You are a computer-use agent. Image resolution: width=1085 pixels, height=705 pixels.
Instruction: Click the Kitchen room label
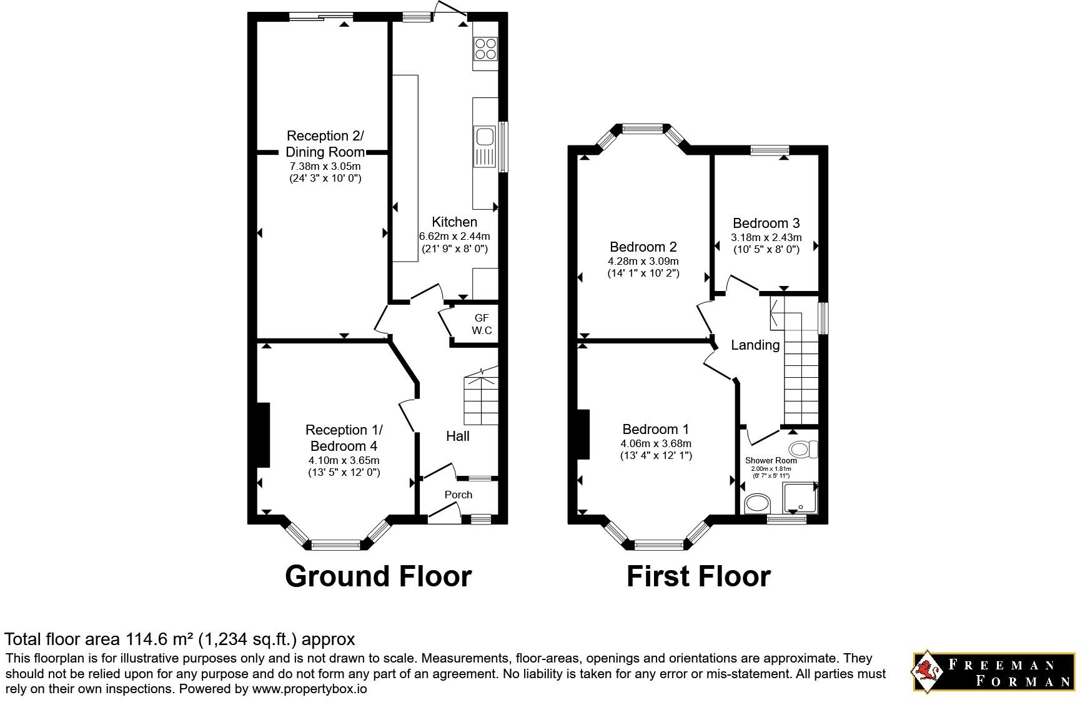point(454,222)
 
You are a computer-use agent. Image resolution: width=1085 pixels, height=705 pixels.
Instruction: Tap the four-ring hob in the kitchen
point(486,49)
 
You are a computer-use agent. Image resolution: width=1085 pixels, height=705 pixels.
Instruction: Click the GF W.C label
point(482,324)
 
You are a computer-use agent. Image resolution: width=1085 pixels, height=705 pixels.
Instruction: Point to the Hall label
point(458,436)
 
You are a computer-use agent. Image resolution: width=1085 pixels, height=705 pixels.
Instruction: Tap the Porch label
point(458,495)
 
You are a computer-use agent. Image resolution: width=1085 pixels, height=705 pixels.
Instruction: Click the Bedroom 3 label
point(766,223)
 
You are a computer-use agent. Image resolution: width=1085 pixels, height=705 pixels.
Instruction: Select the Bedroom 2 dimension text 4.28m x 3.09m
point(643,261)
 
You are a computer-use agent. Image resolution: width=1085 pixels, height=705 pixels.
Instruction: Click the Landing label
point(755,345)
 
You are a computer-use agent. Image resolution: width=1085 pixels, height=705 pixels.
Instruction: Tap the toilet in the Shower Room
point(803,449)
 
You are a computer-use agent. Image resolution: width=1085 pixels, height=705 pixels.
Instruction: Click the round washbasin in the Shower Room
point(758,503)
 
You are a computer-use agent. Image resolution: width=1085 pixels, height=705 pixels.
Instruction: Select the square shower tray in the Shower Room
point(799,498)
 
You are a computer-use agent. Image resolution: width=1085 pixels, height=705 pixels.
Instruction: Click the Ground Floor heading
point(378,576)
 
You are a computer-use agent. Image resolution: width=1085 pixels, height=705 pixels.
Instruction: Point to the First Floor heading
point(698,576)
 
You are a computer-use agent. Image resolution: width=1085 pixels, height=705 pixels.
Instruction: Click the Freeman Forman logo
point(994,673)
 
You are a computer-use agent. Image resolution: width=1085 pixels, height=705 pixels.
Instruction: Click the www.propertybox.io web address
point(309,689)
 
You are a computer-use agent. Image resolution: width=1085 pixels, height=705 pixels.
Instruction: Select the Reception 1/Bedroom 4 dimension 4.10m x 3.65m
point(344,461)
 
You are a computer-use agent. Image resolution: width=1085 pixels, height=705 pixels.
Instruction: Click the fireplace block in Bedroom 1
point(583,435)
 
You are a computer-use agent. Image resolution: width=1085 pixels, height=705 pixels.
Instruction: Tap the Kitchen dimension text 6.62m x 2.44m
point(454,236)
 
